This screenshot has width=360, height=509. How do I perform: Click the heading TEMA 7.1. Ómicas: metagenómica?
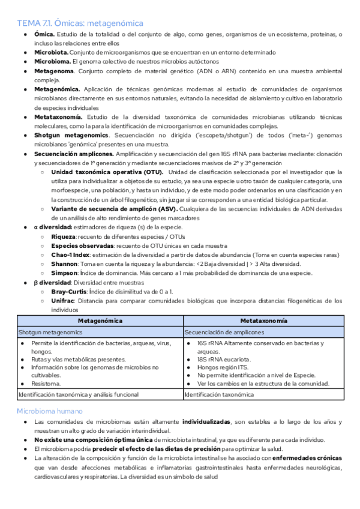click(x=80, y=23)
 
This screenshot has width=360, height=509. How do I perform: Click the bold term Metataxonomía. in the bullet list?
click(x=59, y=116)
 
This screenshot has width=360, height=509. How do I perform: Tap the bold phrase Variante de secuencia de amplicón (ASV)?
click(x=113, y=208)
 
